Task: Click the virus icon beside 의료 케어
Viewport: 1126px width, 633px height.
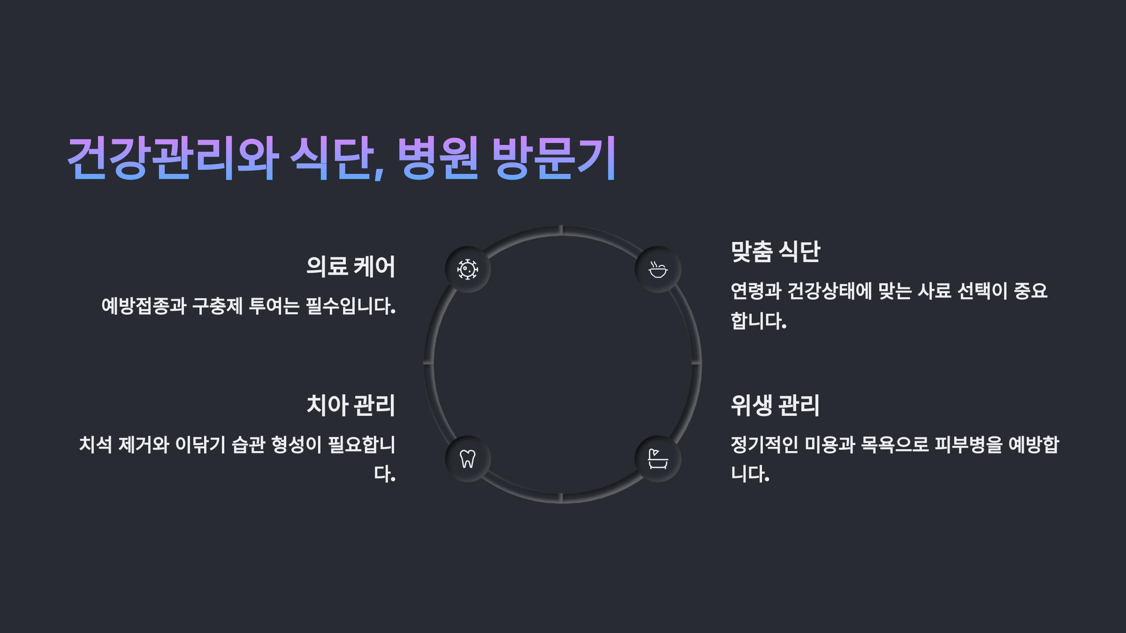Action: click(x=468, y=270)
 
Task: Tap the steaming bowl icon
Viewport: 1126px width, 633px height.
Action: click(x=658, y=270)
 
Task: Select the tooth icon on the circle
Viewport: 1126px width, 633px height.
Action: click(x=468, y=459)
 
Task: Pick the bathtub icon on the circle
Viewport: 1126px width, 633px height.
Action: click(x=658, y=459)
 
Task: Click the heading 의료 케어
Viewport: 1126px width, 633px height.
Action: click(x=350, y=266)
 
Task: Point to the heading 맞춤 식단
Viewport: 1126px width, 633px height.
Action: click(x=775, y=252)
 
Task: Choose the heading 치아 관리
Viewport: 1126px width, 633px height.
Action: click(x=350, y=405)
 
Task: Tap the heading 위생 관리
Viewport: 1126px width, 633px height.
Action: click(x=775, y=405)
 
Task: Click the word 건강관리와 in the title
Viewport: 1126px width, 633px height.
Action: click(x=174, y=158)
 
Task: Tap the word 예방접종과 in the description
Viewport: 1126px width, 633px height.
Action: click(x=144, y=306)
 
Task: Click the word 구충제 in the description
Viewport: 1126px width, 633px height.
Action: click(x=217, y=306)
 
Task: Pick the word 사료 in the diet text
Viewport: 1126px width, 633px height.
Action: click(x=934, y=291)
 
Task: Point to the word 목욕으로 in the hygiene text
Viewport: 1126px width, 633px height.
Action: click(x=895, y=445)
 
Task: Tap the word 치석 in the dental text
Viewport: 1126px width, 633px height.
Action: click(x=95, y=445)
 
